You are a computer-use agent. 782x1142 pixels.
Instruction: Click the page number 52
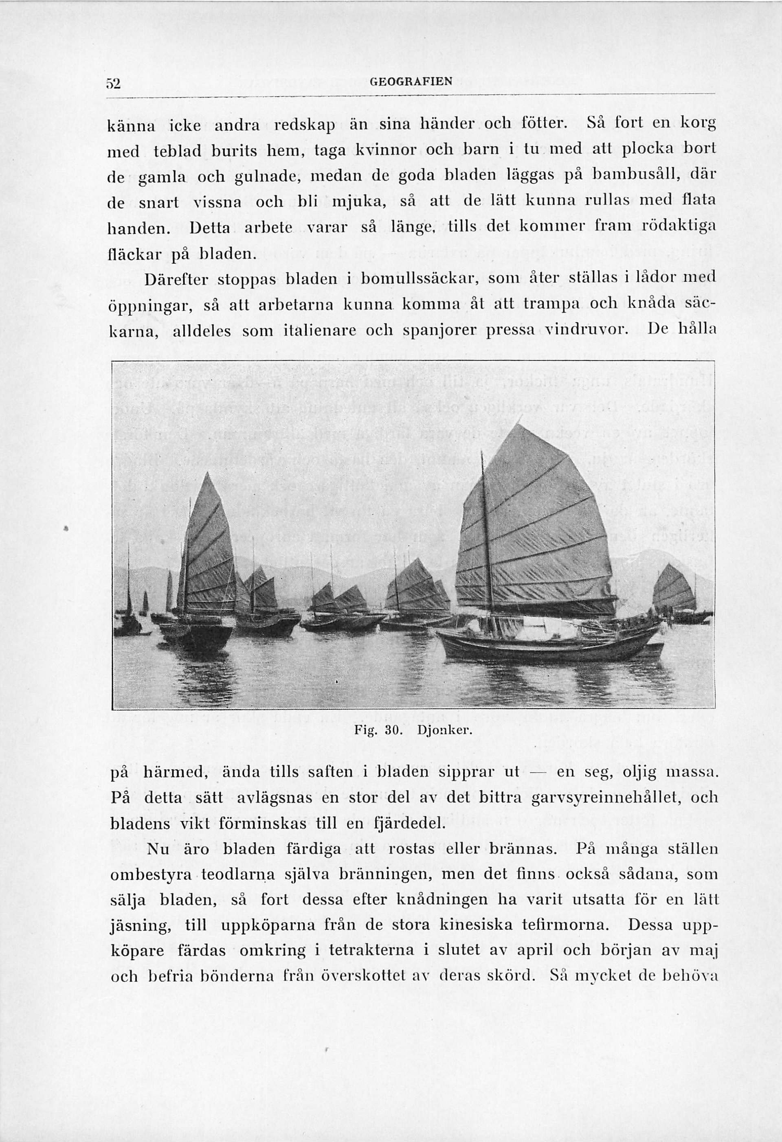pyautogui.click(x=114, y=83)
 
